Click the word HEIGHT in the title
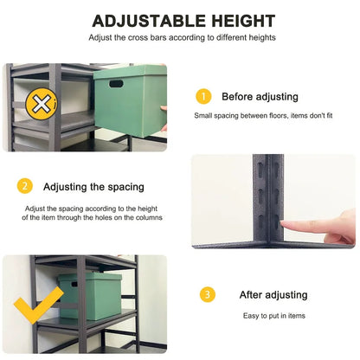pos(236,21)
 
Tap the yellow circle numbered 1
pos(203,96)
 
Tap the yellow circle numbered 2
pos(26,186)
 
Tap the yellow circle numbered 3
pos(208,295)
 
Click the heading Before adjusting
pos(260,97)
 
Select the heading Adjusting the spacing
pos(93,187)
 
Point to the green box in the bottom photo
pos(90,295)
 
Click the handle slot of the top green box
pos(115,83)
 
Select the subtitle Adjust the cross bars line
pos(182,38)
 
